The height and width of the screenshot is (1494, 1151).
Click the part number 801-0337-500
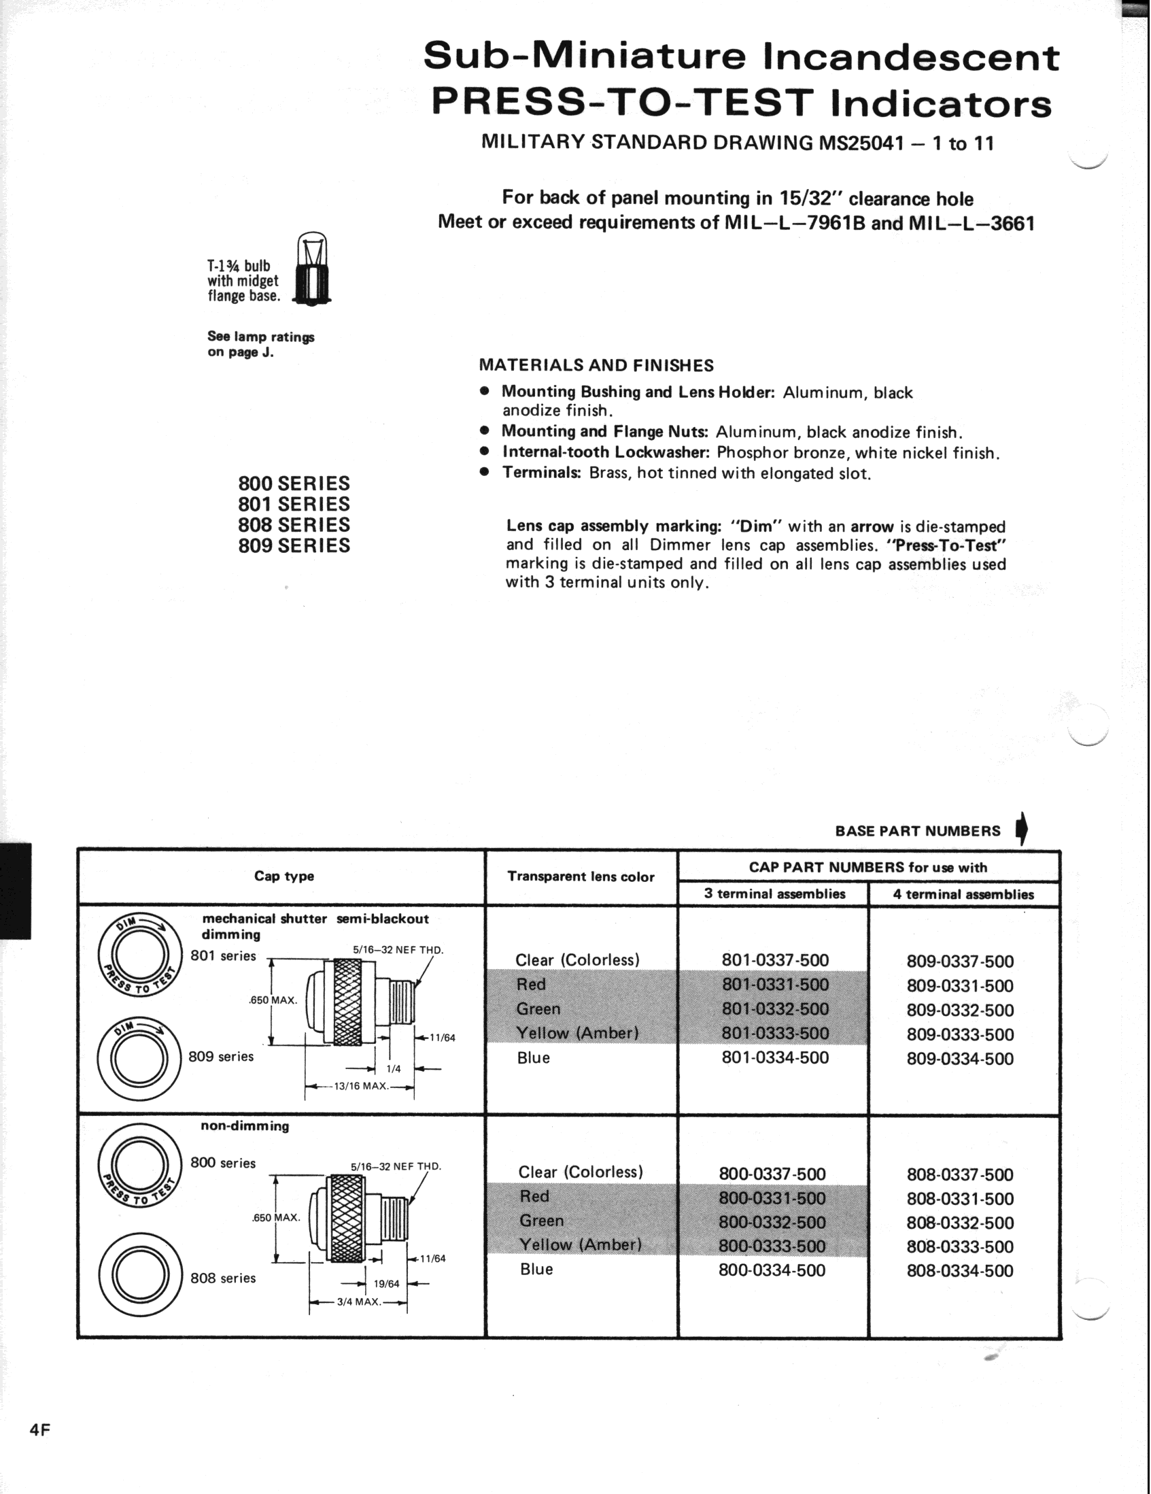[775, 960]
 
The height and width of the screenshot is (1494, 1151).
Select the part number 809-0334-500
[959, 1058]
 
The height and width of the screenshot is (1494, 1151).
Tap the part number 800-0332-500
[772, 1222]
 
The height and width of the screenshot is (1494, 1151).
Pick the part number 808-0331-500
[959, 1198]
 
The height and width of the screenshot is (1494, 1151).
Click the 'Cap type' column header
[284, 877]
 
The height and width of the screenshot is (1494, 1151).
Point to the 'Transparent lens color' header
[581, 877]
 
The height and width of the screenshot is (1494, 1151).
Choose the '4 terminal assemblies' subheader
[963, 894]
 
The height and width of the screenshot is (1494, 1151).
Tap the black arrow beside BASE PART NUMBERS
[1022, 829]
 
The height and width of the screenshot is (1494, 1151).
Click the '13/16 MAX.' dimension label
[360, 1085]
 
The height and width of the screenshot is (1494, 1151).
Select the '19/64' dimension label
[386, 1284]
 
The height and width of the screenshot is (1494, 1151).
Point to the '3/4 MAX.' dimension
[358, 1301]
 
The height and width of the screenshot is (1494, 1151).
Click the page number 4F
[40, 1429]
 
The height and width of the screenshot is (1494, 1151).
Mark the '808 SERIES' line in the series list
[294, 525]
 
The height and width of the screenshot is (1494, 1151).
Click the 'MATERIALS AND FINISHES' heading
[596, 365]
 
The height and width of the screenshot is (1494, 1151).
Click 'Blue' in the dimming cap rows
[534, 1057]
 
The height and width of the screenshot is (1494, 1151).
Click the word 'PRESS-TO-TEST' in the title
[623, 103]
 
